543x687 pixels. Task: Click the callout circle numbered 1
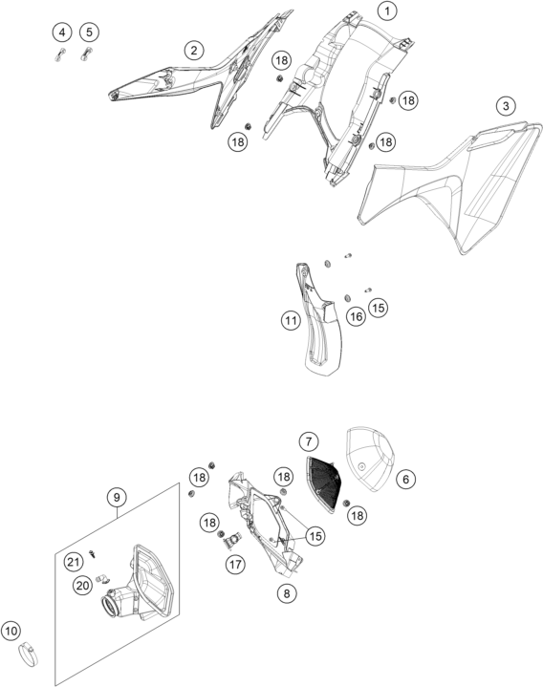point(387,11)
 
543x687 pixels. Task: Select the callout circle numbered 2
point(194,51)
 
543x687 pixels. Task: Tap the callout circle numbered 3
point(506,106)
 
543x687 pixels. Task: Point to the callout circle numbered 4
point(62,32)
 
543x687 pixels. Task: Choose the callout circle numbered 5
point(90,32)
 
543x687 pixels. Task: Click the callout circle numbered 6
point(406,480)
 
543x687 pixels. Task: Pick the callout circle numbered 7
point(309,441)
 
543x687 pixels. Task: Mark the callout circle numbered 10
point(11,631)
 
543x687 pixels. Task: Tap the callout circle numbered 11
point(291,321)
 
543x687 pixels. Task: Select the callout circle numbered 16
point(356,316)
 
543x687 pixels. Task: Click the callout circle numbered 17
point(235,565)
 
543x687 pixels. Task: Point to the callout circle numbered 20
point(83,586)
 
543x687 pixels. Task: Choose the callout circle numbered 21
point(74,562)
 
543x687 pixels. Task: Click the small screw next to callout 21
point(92,554)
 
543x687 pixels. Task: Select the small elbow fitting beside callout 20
point(102,578)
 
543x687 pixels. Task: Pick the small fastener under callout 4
point(60,54)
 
